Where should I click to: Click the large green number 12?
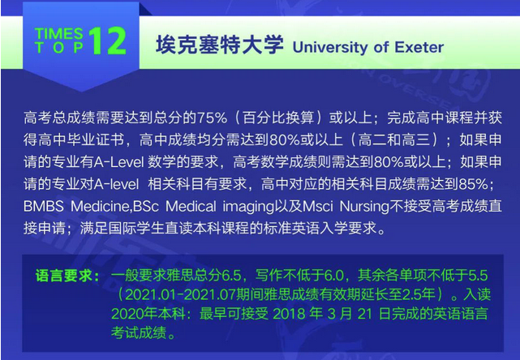[107, 41]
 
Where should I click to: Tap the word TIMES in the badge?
[58, 33]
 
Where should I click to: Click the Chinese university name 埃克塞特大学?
[220, 45]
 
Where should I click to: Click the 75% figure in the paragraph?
[212, 118]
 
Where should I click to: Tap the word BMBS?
[44, 207]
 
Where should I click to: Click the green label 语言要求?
[63, 276]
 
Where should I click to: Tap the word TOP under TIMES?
[58, 47]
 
